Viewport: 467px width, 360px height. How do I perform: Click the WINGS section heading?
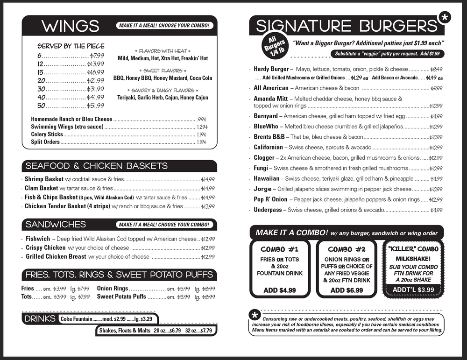coord(70,26)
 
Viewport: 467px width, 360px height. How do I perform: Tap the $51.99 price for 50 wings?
coord(96,106)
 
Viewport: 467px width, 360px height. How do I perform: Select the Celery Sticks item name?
coord(47,134)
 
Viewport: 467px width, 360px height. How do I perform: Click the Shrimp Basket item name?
coord(44,179)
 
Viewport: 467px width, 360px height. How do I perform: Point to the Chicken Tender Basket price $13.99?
coord(208,206)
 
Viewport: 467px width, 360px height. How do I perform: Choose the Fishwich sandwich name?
coord(38,239)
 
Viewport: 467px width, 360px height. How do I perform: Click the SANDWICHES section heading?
coord(56,225)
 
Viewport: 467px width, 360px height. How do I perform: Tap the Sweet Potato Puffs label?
coord(121,296)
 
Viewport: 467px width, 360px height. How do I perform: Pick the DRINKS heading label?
coord(40,319)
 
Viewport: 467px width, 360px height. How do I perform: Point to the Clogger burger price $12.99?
coord(436,158)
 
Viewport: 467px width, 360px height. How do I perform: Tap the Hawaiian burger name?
coord(266,178)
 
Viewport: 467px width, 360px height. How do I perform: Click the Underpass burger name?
coord(268,210)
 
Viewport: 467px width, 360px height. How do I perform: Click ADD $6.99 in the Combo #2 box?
coord(347,290)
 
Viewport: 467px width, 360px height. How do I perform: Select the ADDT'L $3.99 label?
coord(413,289)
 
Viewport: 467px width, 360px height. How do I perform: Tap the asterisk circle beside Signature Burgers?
coord(444,18)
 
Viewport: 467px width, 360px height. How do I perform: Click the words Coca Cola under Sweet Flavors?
coord(201,78)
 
